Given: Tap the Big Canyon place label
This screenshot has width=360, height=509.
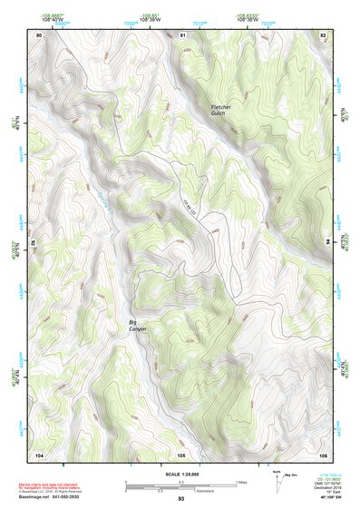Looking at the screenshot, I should pyautogui.click(x=137, y=324).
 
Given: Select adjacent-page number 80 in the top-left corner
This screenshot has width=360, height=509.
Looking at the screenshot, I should pyautogui.click(x=39, y=34).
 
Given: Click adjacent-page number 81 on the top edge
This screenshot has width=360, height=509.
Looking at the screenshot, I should pyautogui.click(x=182, y=34).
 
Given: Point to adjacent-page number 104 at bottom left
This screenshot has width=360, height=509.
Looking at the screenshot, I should pyautogui.click(x=39, y=454).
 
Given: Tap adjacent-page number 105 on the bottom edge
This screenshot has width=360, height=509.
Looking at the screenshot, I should pyautogui.click(x=181, y=454).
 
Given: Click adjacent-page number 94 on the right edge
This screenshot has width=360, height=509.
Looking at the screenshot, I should pyautogui.click(x=326, y=242).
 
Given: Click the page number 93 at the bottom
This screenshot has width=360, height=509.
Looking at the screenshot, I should pyautogui.click(x=181, y=499).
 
